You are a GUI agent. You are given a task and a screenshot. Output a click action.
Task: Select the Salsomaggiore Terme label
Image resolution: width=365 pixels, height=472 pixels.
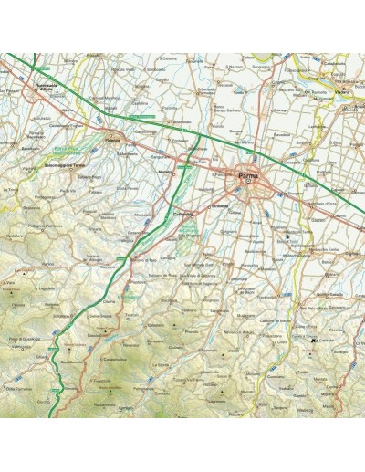[65, 167]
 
